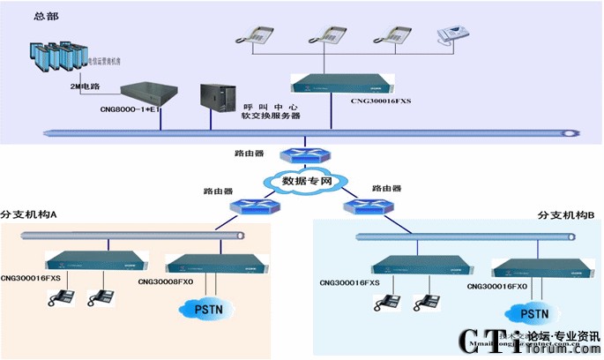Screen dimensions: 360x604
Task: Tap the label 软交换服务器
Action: point(272,116)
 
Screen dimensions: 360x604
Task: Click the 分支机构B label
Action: point(565,215)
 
